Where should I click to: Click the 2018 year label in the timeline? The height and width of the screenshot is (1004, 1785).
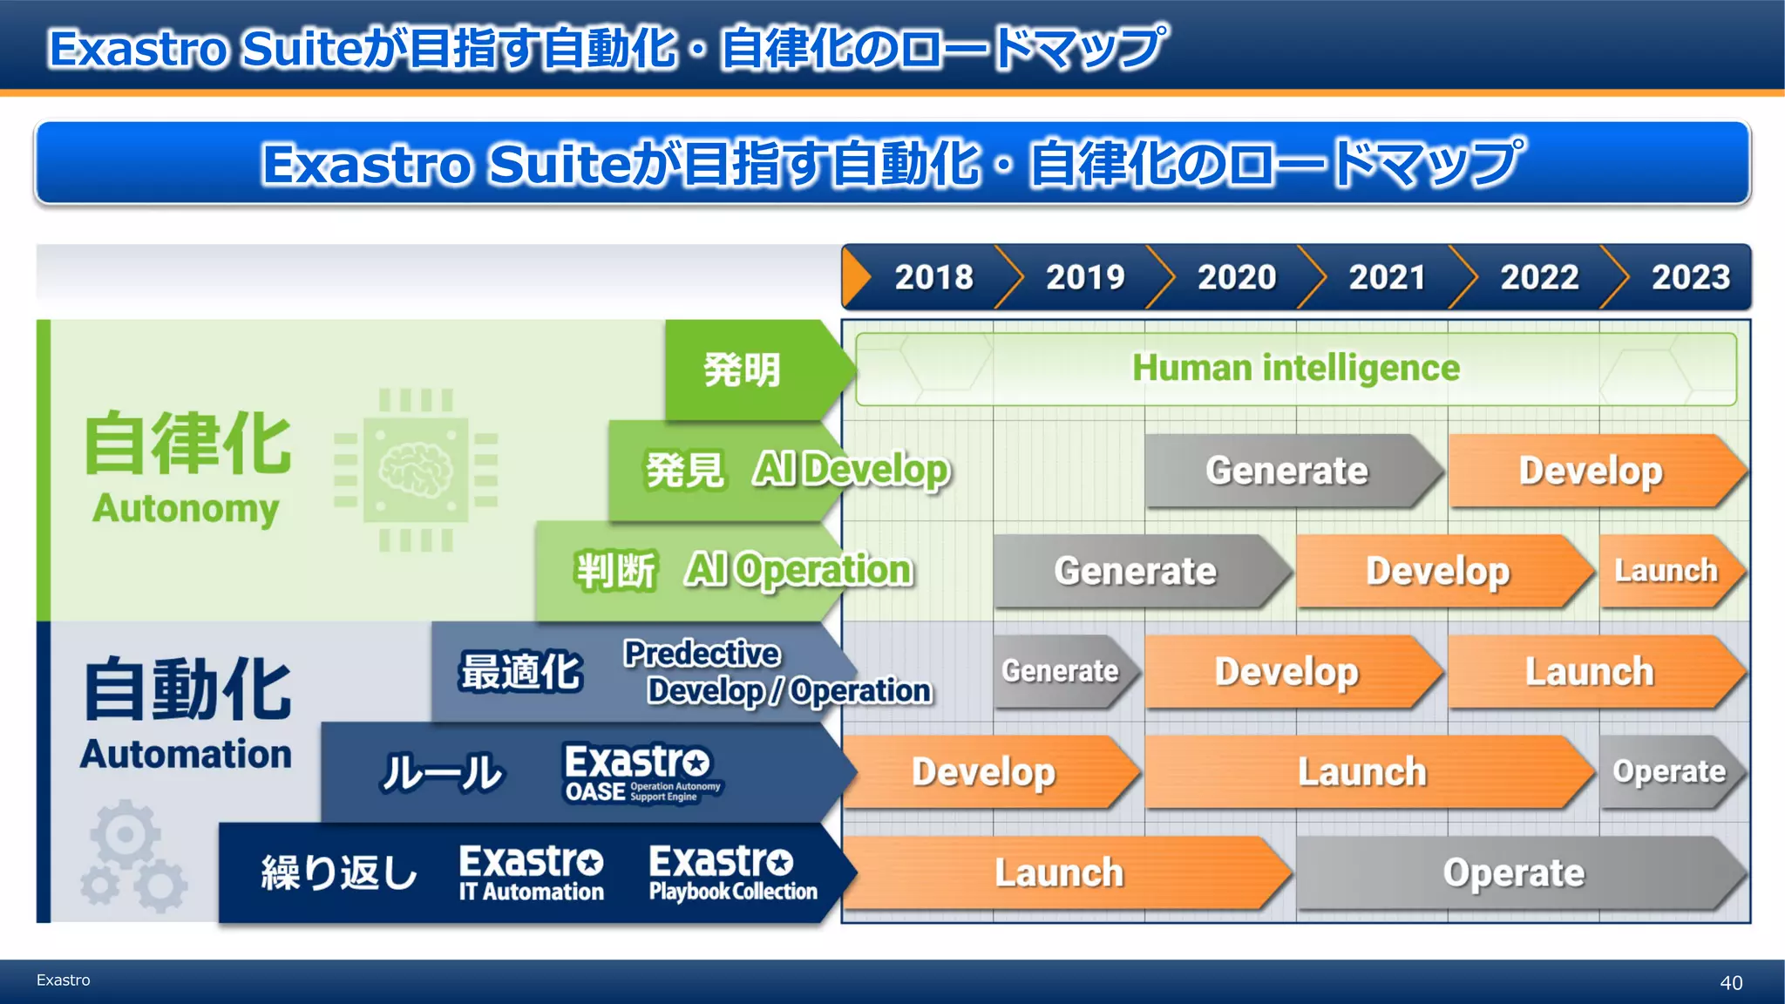click(x=933, y=277)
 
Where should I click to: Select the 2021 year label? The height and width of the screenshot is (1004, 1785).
click(x=1387, y=277)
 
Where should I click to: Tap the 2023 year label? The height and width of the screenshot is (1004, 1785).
click(x=1690, y=277)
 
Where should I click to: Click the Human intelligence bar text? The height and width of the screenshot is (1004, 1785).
click(x=1295, y=368)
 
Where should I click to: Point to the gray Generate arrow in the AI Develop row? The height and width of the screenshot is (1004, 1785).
click(x=1287, y=471)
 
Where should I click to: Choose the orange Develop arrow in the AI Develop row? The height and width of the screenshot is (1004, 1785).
click(x=1591, y=471)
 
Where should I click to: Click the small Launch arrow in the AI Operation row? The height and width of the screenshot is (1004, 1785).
click(x=1666, y=571)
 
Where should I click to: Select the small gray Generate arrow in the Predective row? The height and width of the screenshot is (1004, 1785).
click(x=1061, y=671)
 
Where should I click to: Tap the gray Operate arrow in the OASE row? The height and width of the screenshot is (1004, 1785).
click(x=1669, y=771)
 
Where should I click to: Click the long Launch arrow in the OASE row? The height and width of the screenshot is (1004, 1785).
click(x=1362, y=772)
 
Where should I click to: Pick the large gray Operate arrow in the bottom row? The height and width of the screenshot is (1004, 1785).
click(x=1514, y=872)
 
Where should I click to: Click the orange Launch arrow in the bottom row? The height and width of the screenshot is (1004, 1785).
click(x=1060, y=872)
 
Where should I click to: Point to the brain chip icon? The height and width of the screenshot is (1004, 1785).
click(x=417, y=471)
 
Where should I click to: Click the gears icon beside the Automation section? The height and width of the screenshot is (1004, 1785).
click(x=133, y=858)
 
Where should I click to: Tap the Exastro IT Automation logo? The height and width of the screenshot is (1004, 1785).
click(x=531, y=872)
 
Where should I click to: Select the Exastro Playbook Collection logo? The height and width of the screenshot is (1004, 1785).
click(x=732, y=872)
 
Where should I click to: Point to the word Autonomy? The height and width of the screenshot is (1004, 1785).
click(x=186, y=508)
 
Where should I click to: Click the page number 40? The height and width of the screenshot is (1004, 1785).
click(x=1731, y=983)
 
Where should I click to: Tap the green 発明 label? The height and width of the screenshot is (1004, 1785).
click(x=743, y=370)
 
